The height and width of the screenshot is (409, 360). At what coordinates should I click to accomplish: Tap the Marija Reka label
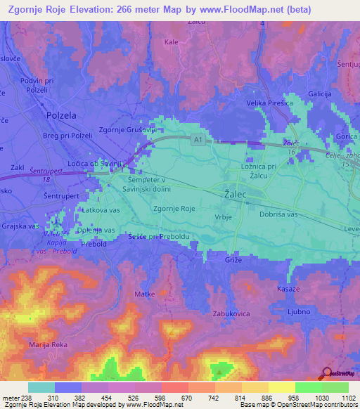point(48,345)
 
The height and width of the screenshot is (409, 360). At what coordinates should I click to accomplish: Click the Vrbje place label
point(221,217)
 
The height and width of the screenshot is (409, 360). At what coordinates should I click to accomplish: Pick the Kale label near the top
point(171,42)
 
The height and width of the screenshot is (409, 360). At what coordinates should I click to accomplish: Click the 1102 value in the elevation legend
point(340,398)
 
